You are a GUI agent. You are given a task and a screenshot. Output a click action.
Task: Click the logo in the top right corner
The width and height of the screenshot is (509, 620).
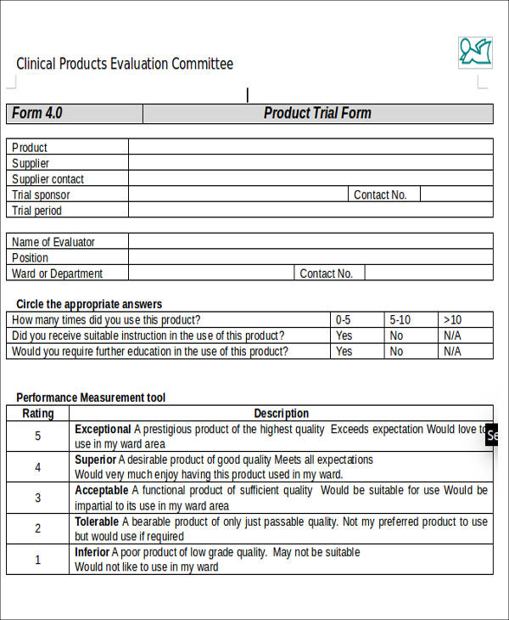[475, 53]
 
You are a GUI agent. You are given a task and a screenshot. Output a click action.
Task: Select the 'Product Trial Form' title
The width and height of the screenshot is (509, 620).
[317, 114]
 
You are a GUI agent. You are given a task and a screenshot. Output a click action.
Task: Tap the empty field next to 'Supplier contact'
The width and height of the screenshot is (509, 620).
[310, 179]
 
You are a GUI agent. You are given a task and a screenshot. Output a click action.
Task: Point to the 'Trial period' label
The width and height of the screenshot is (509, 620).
[36, 211]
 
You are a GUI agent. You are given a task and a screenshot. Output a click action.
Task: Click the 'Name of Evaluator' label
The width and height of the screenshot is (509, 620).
[53, 242]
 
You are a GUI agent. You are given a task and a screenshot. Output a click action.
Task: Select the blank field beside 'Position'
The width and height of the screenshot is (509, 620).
[310, 257]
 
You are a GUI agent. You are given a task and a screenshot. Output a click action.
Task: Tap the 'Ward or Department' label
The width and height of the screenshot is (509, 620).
[57, 273]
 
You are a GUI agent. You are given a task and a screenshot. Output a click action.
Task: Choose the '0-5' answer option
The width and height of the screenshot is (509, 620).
[343, 320]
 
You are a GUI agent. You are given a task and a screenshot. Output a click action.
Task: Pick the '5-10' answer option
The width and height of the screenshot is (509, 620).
[400, 320]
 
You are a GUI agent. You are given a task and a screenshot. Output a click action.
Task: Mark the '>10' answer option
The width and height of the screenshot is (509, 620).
[452, 320]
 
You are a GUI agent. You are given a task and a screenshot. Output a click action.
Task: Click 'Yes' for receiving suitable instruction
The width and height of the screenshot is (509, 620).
[344, 335]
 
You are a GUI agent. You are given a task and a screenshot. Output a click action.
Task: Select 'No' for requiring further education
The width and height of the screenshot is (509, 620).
[396, 351]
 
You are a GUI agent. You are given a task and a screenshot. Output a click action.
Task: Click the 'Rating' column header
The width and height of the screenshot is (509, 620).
[37, 414]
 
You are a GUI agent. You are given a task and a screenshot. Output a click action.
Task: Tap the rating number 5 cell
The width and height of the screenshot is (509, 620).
[37, 437]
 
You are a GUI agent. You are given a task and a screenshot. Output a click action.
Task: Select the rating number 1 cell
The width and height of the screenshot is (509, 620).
[37, 560]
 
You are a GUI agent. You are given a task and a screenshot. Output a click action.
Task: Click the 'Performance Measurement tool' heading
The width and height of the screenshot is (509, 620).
[91, 397]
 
